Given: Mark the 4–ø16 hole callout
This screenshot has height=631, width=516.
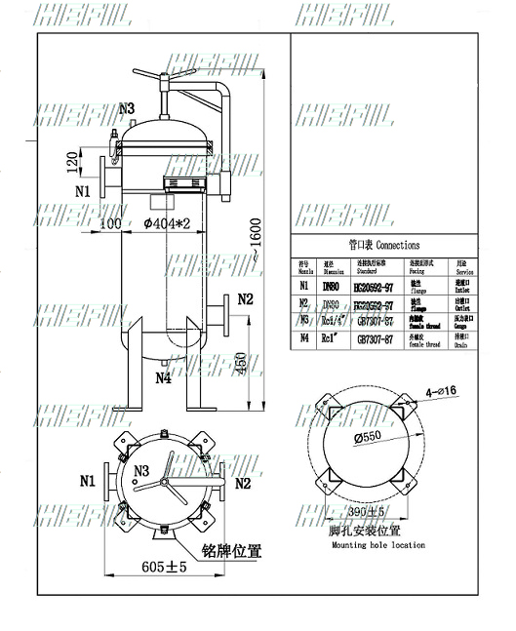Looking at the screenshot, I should coord(436,392).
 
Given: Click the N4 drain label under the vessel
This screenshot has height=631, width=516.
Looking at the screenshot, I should coord(162,378).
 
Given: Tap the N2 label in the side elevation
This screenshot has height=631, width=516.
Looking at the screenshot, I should coord(245,298).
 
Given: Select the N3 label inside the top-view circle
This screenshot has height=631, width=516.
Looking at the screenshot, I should coord(141,472).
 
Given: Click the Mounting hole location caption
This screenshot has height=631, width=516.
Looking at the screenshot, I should coord(363,545).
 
